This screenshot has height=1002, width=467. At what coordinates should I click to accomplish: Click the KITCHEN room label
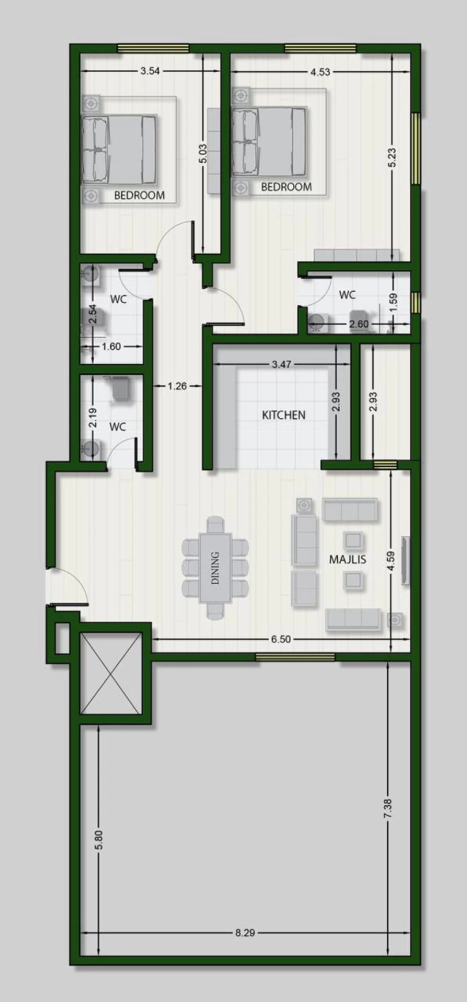coord(284,415)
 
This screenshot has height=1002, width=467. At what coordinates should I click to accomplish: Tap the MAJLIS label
coord(348,559)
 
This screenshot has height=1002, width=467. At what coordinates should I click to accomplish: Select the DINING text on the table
coord(216,568)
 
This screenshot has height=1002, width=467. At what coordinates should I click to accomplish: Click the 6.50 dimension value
coord(281,639)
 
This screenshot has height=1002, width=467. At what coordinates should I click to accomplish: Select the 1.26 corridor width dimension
coord(177,386)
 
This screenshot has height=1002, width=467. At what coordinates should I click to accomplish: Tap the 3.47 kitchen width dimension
coord(282,365)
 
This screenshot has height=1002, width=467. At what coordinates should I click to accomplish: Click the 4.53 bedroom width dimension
coord(320,72)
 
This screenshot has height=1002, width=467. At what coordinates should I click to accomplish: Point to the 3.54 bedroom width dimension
coord(150,70)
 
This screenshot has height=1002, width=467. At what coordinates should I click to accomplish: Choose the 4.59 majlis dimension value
coord(391,561)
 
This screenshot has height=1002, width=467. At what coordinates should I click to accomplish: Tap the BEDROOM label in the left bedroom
coord(139,195)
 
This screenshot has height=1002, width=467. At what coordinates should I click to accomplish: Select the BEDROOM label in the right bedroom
coord(287,186)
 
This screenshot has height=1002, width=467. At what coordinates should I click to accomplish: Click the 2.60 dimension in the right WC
coord(358,324)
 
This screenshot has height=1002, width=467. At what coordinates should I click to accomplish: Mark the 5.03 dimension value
coord(203,153)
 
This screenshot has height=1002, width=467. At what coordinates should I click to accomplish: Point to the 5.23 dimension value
coord(392,158)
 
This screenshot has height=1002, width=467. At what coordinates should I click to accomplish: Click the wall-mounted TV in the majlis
coord(405,560)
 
